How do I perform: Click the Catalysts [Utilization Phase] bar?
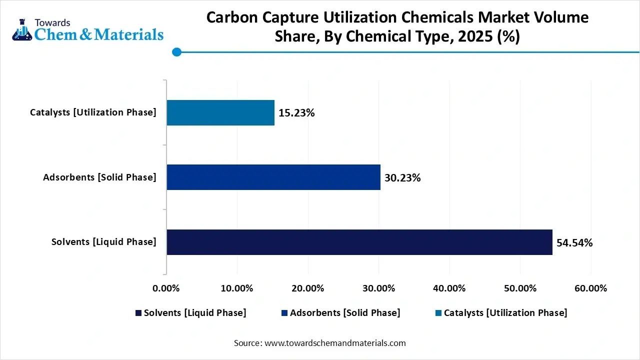[x=220, y=112]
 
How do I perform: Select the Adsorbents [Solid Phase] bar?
[x=273, y=177]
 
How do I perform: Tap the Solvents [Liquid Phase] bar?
[x=359, y=242]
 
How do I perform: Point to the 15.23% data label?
[x=296, y=113]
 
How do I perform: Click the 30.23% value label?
[x=402, y=178]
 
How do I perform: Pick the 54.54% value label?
[x=574, y=243]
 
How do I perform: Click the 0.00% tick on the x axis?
[x=165, y=288]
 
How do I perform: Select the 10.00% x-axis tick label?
[x=236, y=288]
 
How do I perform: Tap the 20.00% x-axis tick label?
[x=307, y=288]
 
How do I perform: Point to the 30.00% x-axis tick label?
[x=378, y=288]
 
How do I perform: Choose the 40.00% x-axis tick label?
[x=449, y=288]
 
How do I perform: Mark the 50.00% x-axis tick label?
[x=520, y=288]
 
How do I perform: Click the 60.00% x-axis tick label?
[x=591, y=288]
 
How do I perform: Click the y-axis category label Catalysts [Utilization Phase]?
[x=93, y=112]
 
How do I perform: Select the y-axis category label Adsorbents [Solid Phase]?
[x=99, y=177]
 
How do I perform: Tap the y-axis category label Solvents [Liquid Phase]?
[x=103, y=242]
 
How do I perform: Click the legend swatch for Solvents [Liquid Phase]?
[x=138, y=313]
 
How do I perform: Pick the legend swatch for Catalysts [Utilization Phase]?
[x=438, y=313]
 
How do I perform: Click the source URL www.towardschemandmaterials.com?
[x=334, y=343]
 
